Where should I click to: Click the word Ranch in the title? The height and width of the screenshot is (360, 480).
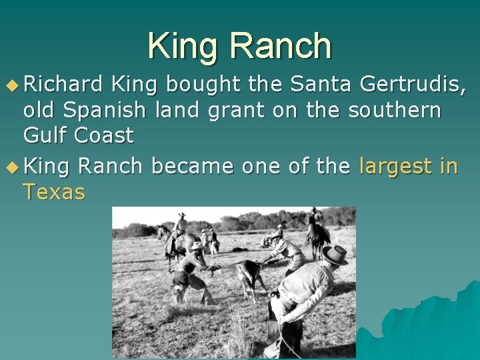coord(281,47)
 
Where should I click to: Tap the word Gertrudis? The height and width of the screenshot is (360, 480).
coord(411,85)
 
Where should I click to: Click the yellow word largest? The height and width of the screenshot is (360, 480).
coord(395,166)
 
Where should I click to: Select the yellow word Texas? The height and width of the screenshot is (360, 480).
coord(54,192)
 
